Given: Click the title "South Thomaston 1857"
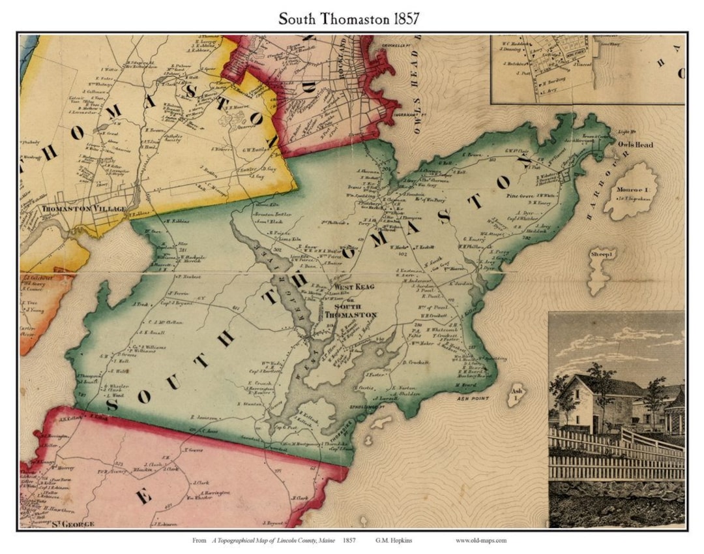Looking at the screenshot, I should pyautogui.click(x=349, y=18).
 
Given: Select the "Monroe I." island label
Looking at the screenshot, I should pyautogui.click(x=630, y=191).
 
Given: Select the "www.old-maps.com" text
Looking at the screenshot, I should pyautogui.click(x=480, y=540).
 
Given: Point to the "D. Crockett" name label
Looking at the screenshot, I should pyautogui.click(x=417, y=362).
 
